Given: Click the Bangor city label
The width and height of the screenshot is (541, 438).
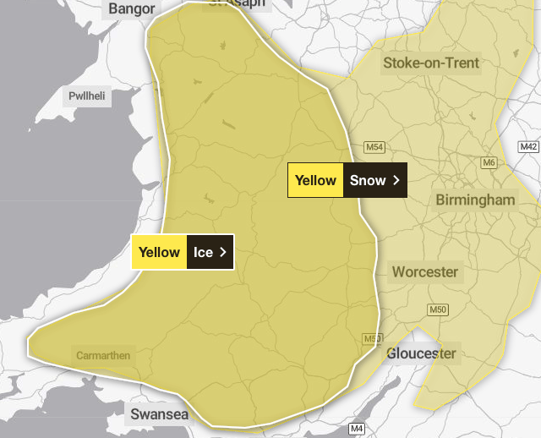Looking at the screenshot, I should click(x=132, y=9).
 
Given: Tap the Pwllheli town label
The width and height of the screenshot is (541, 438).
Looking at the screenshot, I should click(x=86, y=96).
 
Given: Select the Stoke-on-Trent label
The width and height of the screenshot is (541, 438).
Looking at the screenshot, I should click(x=431, y=63).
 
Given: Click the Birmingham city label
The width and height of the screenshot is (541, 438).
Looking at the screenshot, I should click(x=475, y=200).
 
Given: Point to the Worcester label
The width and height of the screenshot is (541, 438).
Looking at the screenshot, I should click(x=424, y=272).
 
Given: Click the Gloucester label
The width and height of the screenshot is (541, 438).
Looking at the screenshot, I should click(x=421, y=353).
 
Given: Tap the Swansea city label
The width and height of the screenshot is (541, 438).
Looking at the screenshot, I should click(x=158, y=414).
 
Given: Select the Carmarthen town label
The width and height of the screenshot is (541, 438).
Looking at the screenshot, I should click(x=103, y=356).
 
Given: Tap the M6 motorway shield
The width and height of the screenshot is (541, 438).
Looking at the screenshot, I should click(x=489, y=162).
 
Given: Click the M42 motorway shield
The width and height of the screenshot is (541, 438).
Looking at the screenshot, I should click(x=528, y=147).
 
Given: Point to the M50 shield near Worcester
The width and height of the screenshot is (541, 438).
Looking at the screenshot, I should click(x=438, y=310).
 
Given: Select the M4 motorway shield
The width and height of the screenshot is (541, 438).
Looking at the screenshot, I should click(x=357, y=429).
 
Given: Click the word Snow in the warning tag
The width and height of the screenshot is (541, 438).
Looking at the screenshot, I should click(x=368, y=180).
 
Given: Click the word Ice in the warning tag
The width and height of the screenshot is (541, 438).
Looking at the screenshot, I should click(x=203, y=252).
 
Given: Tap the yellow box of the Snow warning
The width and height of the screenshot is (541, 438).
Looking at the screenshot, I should click(x=315, y=180).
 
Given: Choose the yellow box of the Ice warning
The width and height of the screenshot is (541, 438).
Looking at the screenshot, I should click(x=159, y=252).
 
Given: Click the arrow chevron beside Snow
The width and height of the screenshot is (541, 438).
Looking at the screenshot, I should click(x=395, y=180).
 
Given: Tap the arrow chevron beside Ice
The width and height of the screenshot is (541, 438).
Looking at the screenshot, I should click(x=222, y=252).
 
